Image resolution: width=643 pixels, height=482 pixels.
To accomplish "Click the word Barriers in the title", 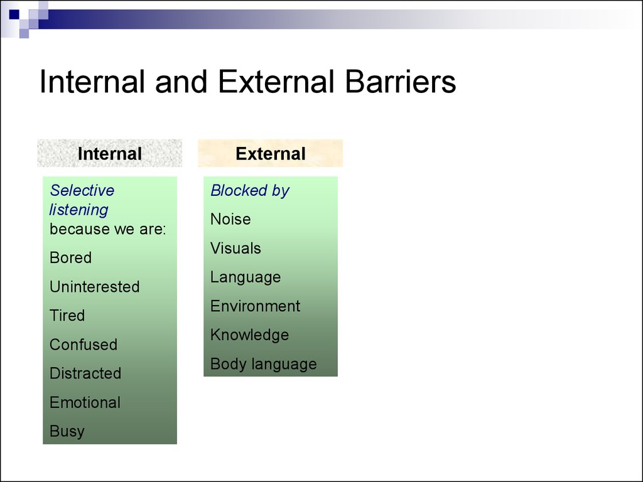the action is point(400,82).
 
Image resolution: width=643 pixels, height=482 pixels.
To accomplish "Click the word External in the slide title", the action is point(276,82).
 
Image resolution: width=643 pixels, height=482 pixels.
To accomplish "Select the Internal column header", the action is point(109,154).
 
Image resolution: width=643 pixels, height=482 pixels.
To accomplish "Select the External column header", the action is point(270,154).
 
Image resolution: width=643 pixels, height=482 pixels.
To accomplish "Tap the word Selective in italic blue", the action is point(82,190).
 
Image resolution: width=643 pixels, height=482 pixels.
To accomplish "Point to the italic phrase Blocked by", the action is point(250,190).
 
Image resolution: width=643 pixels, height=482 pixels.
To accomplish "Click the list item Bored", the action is point(70,258).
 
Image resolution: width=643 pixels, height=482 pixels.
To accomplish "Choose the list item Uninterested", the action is point(95,286).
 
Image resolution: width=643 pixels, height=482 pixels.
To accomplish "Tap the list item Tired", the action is point(67,316).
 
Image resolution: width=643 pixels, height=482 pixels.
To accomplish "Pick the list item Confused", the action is point(84,345).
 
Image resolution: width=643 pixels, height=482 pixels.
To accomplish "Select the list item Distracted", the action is point(85,373).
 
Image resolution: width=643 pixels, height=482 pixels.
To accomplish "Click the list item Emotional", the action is point(85,402).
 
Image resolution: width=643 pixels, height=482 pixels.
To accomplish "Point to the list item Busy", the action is point(67,431).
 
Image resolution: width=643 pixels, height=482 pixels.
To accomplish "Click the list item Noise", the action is point(230,219).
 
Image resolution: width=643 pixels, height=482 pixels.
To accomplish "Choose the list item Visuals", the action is point(236,248).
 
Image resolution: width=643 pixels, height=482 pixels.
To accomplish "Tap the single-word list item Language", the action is point(246,277).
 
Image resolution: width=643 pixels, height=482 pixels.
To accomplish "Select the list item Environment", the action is point(256,306).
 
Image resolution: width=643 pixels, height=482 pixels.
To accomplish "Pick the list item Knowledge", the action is point(250,335).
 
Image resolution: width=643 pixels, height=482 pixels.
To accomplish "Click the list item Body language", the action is point(264,364).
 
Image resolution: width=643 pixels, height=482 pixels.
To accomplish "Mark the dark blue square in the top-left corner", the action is point(14,15).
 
